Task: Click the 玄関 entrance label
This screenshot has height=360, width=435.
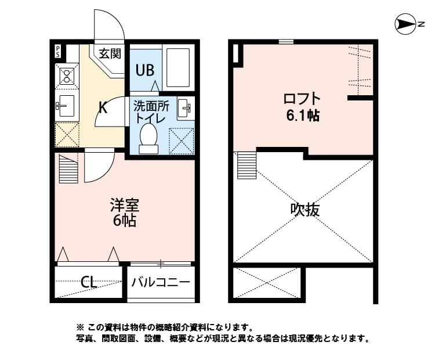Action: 108,54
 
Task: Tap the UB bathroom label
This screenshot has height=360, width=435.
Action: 144,70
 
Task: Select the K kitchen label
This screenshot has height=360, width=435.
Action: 102,107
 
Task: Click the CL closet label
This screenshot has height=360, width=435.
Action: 89,283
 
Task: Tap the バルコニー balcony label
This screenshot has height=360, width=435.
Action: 161,283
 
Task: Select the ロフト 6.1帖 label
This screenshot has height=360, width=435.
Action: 302,106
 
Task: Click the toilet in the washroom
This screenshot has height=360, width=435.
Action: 149,139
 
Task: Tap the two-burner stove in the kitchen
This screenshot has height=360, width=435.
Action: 66,75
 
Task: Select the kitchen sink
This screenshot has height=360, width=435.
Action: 66,106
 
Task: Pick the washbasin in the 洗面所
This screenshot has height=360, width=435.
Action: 185,108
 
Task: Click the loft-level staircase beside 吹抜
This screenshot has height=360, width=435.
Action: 246,165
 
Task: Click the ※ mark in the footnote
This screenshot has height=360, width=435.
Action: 81,327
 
